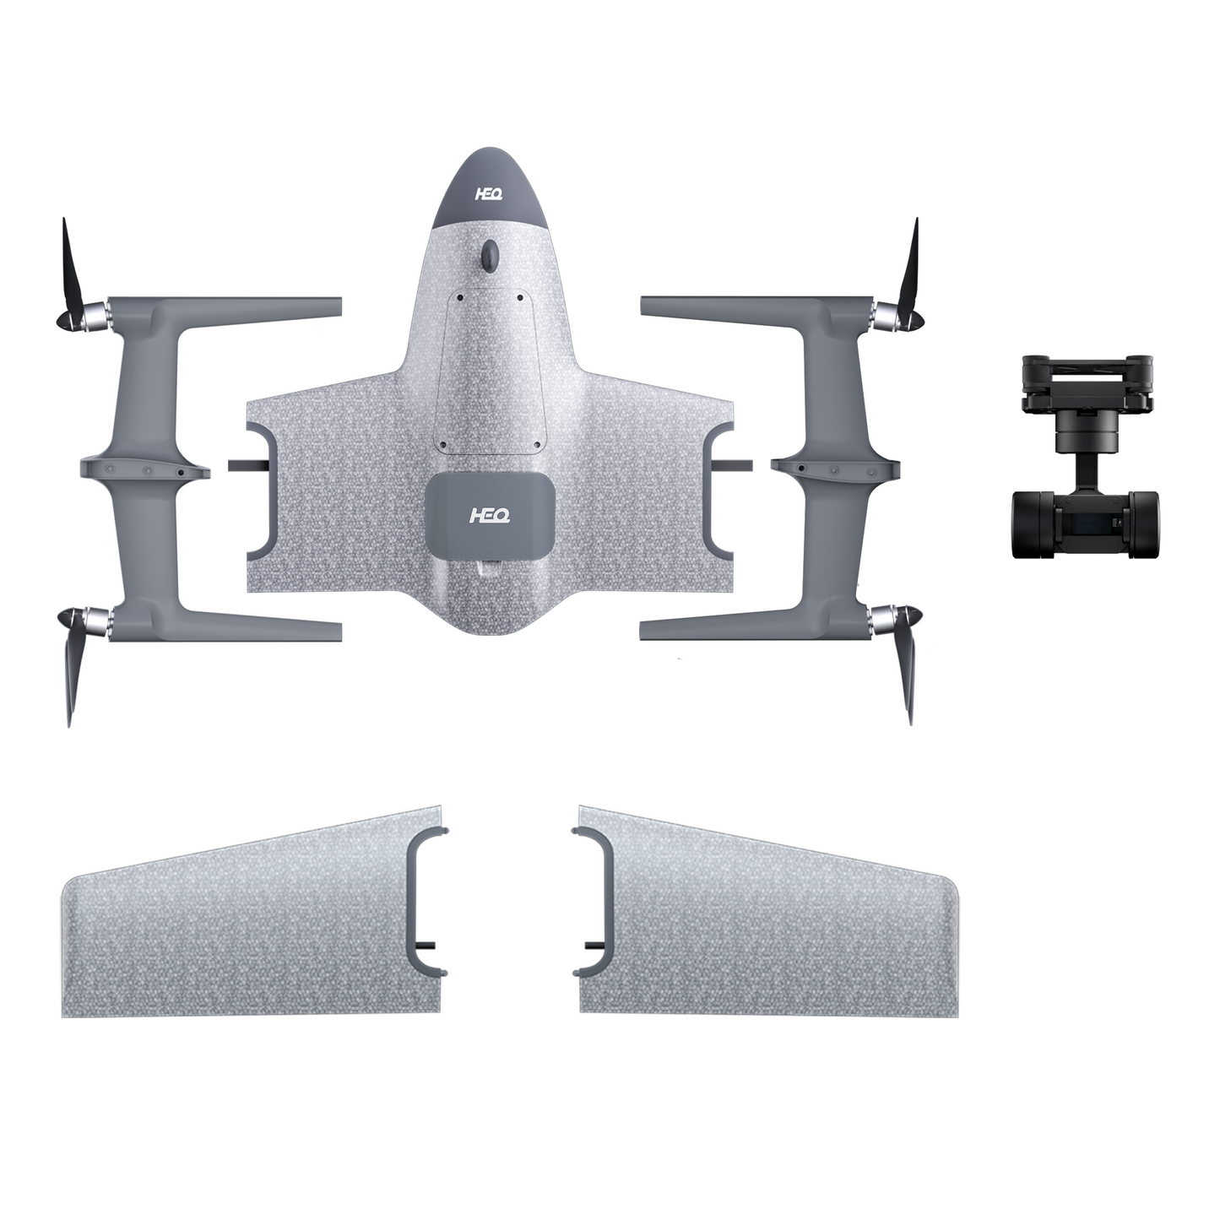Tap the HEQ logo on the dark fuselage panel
[x=489, y=514]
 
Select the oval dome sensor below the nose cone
[x=489, y=254]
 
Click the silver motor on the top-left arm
[x=99, y=317]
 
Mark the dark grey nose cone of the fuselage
[x=489, y=190]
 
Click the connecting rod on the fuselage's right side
[x=731, y=464]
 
